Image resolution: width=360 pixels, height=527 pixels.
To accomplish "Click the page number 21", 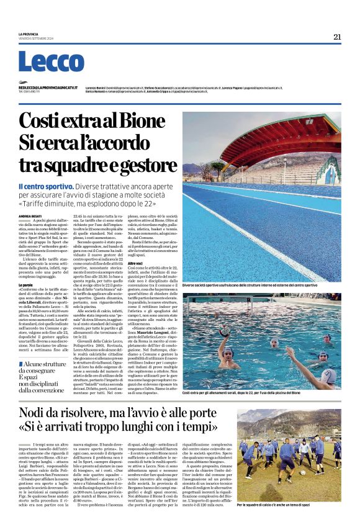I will (x=336, y=37).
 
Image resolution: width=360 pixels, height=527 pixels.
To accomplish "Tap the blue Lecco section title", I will (x=51, y=62).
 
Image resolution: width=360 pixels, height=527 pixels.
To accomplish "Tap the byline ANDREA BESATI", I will (x=30, y=215).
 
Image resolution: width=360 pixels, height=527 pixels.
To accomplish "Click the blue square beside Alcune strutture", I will (x=20, y=363).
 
